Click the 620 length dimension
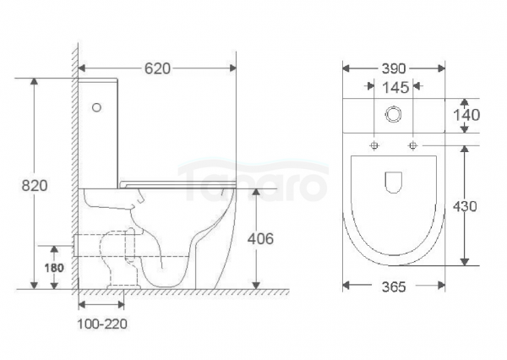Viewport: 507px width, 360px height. (157, 68)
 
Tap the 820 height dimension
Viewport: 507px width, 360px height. (35, 186)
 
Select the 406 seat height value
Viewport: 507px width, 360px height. (260, 238)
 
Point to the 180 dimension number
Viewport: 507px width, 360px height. (54, 268)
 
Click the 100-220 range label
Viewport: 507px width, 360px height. (102, 324)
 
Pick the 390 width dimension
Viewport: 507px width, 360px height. (394, 68)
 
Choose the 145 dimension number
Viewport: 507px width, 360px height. (395, 88)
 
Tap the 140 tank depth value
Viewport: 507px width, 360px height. (466, 115)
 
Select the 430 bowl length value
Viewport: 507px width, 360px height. (465, 206)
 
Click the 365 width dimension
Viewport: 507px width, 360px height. (394, 286)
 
